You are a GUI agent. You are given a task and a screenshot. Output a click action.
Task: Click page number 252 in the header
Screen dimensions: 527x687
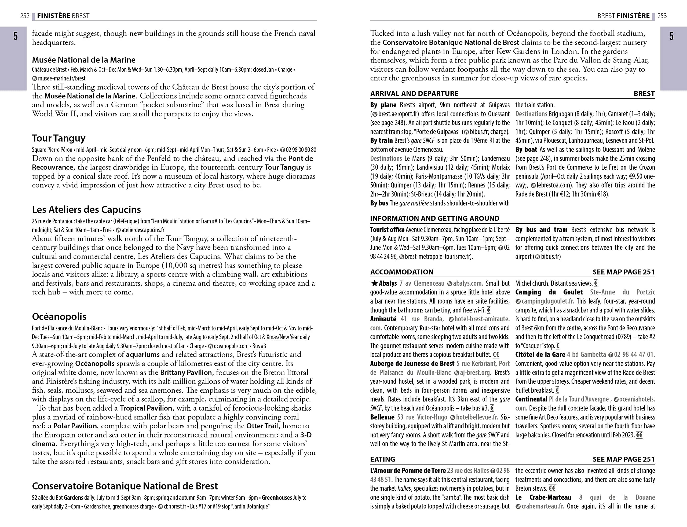point(25,16)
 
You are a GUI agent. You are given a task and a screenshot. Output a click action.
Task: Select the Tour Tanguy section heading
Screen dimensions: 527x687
point(59,138)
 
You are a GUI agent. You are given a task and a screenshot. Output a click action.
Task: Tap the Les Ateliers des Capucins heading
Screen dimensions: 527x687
point(86,209)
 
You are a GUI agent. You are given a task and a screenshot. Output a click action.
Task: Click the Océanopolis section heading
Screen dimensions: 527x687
point(59,316)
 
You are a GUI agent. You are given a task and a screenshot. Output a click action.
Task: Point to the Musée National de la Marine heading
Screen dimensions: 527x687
point(84,60)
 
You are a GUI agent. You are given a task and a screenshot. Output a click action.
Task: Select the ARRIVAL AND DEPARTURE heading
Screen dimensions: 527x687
point(414,94)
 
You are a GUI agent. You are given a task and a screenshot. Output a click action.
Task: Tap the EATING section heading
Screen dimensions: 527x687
point(383,459)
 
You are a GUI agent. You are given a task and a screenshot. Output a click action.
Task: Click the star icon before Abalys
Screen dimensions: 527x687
point(374,283)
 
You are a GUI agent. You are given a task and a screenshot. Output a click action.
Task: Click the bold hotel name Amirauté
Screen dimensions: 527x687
point(383,319)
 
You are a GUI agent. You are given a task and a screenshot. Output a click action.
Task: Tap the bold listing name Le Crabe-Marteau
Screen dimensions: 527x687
point(543,497)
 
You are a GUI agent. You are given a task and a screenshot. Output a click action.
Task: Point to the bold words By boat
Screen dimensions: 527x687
point(526,150)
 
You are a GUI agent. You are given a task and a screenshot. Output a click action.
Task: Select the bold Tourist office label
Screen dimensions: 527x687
point(387,230)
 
